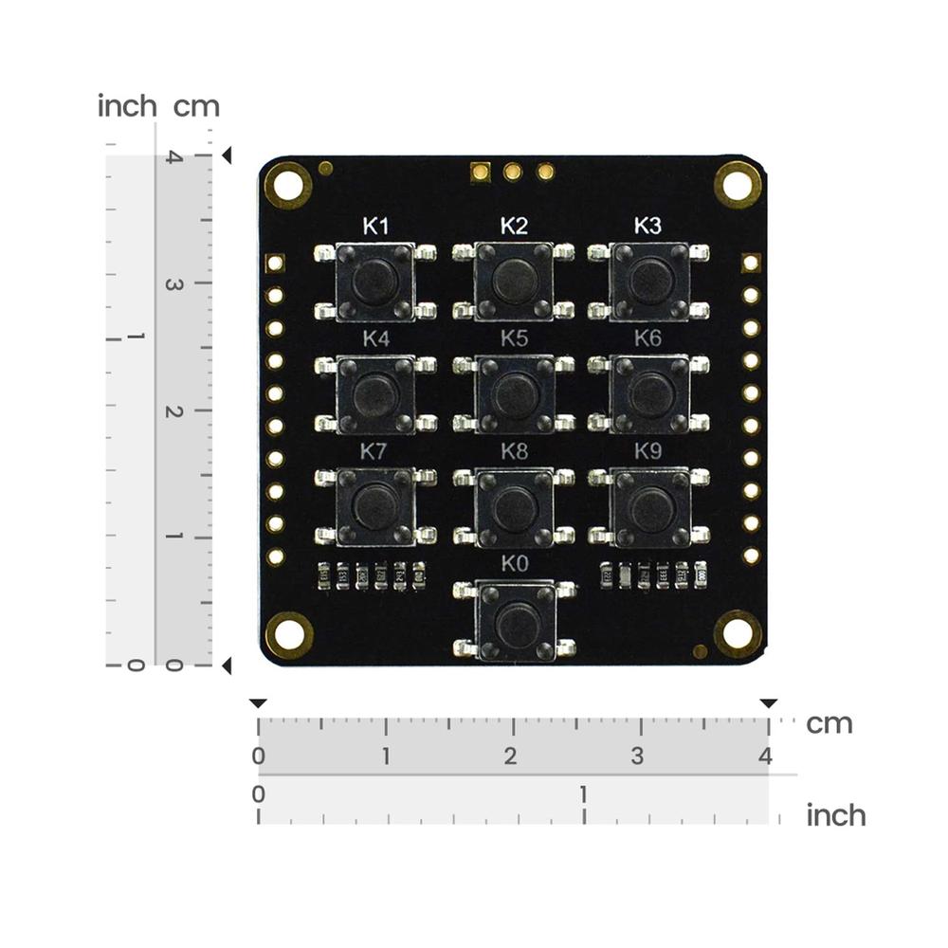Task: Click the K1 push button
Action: (x=375, y=282)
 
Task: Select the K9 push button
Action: (x=652, y=507)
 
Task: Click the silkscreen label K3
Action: (x=647, y=226)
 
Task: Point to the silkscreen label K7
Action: (x=374, y=451)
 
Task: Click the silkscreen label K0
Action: (x=513, y=563)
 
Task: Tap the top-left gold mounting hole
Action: (x=287, y=184)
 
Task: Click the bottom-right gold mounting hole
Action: (x=738, y=633)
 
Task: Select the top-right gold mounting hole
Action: (x=738, y=184)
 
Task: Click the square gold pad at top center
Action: (x=481, y=172)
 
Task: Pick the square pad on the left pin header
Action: (x=275, y=263)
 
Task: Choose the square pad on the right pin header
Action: (x=751, y=263)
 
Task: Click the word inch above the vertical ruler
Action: (x=127, y=106)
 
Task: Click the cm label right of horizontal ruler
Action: (x=829, y=723)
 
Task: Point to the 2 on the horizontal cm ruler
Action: (x=511, y=757)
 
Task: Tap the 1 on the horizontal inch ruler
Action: (x=584, y=793)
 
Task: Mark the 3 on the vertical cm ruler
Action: (x=173, y=283)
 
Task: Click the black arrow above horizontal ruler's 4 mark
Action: (x=768, y=703)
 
